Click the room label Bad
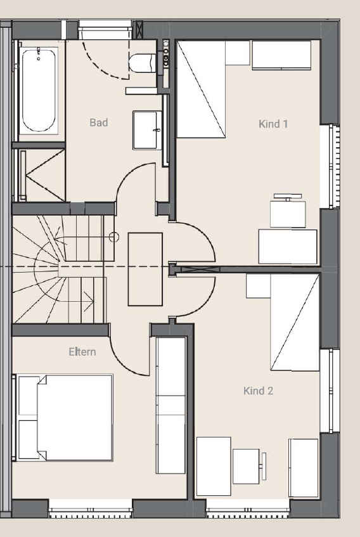99,122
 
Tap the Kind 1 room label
273,124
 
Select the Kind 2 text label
258,391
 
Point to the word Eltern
82,351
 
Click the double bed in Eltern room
66,418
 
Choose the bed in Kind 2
294,322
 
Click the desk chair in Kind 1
288,212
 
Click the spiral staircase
57,269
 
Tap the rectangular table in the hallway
145,269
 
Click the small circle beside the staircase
114,238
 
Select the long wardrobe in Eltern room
171,406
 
